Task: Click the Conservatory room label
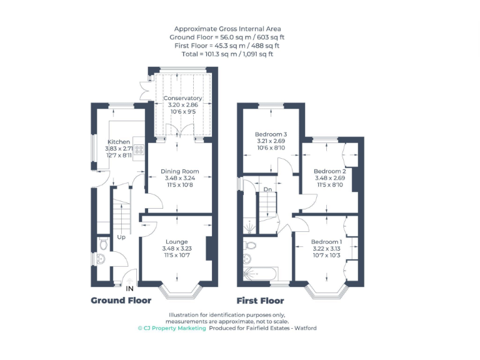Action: point(182,98)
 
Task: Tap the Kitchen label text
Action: point(119,142)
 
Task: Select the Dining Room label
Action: point(179,171)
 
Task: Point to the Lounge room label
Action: point(176,241)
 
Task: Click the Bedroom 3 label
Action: point(271,134)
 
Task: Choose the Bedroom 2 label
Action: point(329,171)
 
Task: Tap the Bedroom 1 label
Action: point(327,242)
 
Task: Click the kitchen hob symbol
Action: point(139,149)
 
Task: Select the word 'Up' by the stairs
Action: point(121,237)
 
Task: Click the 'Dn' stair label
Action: point(267,189)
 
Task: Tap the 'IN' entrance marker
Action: point(130,289)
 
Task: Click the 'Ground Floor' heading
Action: point(121,301)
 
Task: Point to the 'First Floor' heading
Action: point(260,301)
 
